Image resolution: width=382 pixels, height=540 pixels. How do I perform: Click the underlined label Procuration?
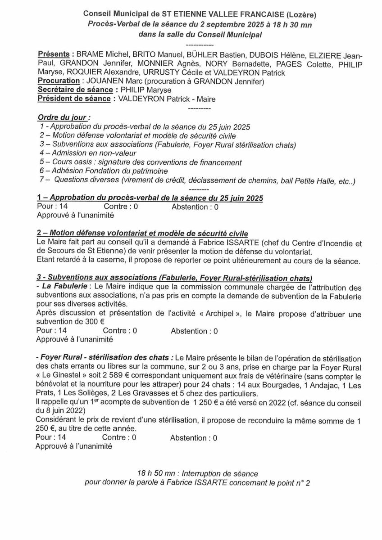pos(59,81)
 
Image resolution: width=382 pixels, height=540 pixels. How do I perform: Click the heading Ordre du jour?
pos(63,118)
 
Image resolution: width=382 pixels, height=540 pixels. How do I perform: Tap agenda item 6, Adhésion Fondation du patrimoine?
pos(97,171)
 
